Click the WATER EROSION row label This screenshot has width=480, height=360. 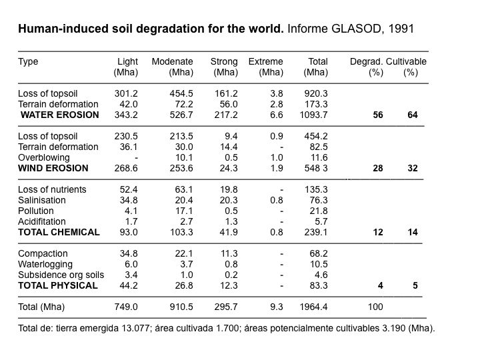pos(59,115)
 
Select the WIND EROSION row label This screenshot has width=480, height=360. pos(57,168)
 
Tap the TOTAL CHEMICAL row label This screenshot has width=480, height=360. pos(59,232)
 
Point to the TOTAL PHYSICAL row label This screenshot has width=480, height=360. pos(57,285)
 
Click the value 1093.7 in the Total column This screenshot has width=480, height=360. pos(313,115)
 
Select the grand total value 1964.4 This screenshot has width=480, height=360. pos(313,307)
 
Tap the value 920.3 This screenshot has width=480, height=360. pos(316,93)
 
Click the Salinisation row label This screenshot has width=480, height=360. pos(42,200)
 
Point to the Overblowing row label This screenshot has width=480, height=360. pos(42,157)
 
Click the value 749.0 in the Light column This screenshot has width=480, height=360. pos(125,307)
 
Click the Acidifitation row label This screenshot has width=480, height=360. pos(42,221)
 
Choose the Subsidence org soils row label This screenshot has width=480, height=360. pos(61,275)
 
